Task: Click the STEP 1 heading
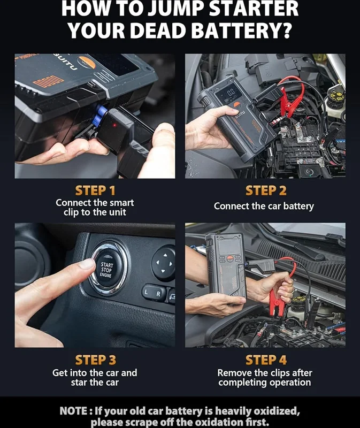(x=95, y=190)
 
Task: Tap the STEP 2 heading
(x=266, y=190)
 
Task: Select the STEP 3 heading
(x=95, y=360)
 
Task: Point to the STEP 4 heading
(x=266, y=360)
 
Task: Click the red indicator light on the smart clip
(x=114, y=125)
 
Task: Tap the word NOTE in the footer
(x=74, y=411)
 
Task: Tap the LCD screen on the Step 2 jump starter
(x=228, y=93)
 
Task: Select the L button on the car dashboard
(x=147, y=292)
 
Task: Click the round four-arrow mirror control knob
(x=163, y=264)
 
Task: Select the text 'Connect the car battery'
(x=264, y=206)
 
